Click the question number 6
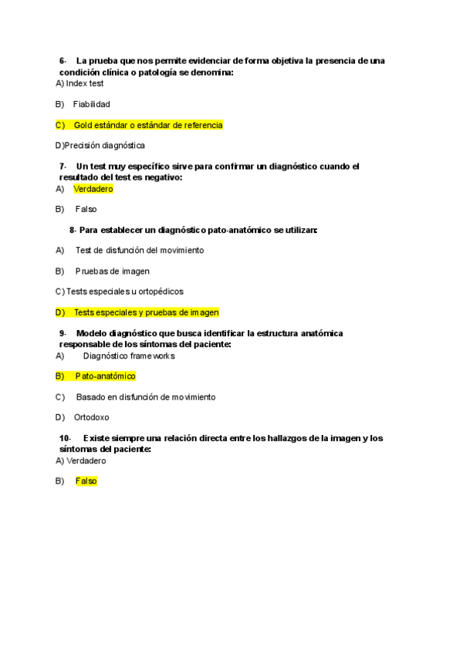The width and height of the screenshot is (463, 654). (63, 61)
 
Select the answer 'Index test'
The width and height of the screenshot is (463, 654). (85, 83)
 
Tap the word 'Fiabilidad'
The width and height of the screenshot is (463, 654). (92, 104)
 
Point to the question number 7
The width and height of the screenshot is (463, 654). (63, 167)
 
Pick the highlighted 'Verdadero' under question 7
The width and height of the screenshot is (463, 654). (93, 189)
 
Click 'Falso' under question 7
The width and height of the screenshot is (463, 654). (86, 209)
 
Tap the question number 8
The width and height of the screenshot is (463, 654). (73, 230)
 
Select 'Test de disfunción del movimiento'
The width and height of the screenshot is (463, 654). (140, 250)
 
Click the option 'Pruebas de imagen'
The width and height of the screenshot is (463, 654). (113, 271)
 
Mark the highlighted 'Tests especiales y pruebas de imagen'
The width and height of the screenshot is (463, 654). (147, 312)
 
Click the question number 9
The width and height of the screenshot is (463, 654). (63, 333)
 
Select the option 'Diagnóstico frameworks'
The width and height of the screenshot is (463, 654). (129, 356)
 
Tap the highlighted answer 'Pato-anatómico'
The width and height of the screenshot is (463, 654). (105, 376)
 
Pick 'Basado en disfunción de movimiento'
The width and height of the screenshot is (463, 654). (146, 397)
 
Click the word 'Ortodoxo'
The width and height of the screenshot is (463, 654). (92, 417)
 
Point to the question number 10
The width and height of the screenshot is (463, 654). (65, 438)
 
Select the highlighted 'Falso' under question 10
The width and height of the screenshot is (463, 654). (86, 481)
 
